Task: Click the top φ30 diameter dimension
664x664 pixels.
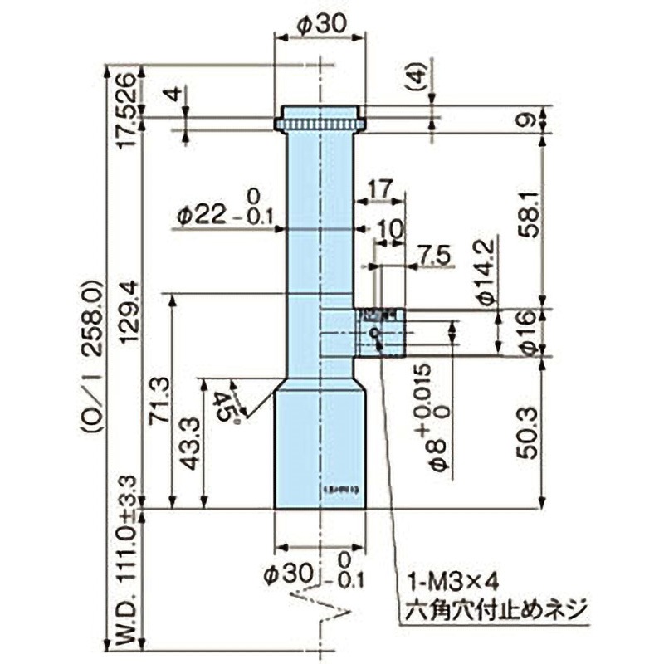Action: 320,26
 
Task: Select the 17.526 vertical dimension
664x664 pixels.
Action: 125,110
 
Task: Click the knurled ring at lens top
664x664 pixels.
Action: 320,125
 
